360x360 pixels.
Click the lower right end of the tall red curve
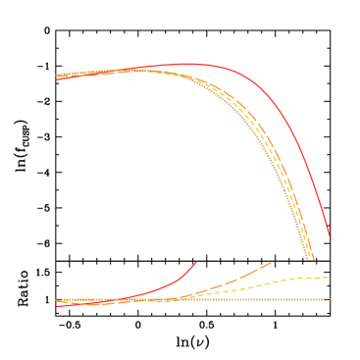[x=330, y=237]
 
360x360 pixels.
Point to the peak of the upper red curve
[x=188, y=64]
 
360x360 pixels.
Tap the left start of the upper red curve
[x=57, y=79]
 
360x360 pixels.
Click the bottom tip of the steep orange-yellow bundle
[x=310, y=258]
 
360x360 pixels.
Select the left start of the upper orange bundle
[x=57, y=76]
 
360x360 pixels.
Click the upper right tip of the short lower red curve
[x=197, y=262]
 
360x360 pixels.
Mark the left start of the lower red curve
[x=57, y=306]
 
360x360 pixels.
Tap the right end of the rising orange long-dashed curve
[x=270, y=263]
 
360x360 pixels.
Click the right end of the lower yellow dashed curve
[x=328, y=278]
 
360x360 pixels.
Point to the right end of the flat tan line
[x=330, y=299]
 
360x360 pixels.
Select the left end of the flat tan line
[x=57, y=299]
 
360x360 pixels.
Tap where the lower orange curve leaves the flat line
[x=181, y=298]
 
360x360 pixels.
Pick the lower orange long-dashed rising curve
[x=235, y=280]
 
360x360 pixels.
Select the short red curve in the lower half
[x=167, y=285]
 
